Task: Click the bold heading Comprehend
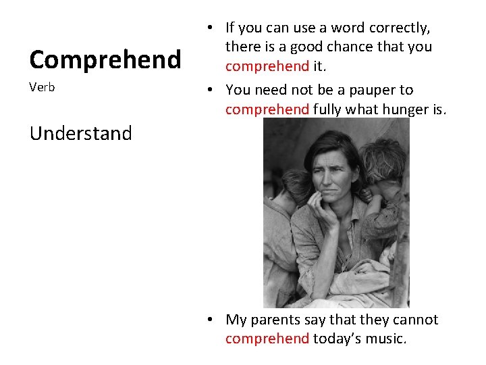click(x=105, y=59)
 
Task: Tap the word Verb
click(x=42, y=88)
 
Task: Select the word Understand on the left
click(x=80, y=133)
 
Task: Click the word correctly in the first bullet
click(x=401, y=28)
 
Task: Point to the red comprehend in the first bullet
click(x=267, y=66)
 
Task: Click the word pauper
click(x=373, y=90)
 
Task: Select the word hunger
click(x=408, y=109)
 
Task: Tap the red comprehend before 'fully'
click(x=267, y=109)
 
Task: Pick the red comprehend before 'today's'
click(x=267, y=339)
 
